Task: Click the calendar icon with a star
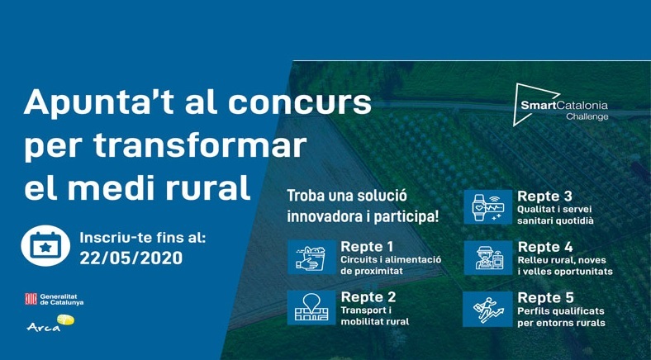[x=45, y=245]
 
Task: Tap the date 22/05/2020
[x=131, y=258]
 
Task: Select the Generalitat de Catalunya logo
[x=54, y=299]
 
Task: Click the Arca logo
[x=50, y=323]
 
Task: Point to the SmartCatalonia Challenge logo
[x=560, y=105]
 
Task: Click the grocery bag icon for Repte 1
[x=311, y=257]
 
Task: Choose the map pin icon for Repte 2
[x=311, y=307]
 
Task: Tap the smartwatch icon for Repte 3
[x=487, y=207]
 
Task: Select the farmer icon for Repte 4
[x=488, y=258]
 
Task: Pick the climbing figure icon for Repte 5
[x=487, y=309]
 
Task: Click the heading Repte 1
[x=367, y=247]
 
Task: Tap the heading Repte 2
[x=368, y=297]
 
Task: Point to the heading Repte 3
[x=544, y=197]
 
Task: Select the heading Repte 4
[x=545, y=247]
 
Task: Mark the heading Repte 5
[x=545, y=298]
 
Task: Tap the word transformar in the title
[x=200, y=146]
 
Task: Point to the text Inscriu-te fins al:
[x=142, y=238]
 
